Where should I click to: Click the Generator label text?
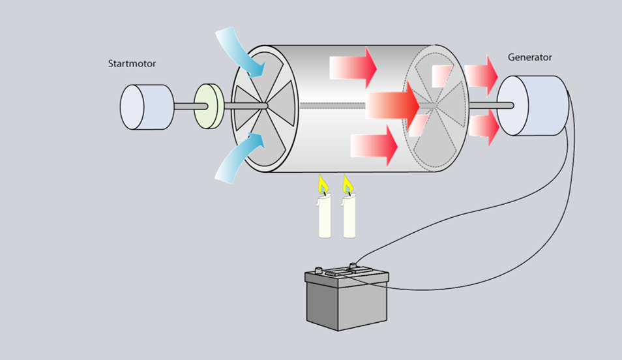(x=529, y=57)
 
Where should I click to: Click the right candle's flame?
(x=348, y=185)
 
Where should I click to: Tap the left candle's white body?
(x=324, y=217)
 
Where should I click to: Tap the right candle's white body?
(x=349, y=217)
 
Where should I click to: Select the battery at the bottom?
(x=346, y=299)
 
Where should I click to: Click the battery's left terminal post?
(x=319, y=270)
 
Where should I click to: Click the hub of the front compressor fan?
(x=266, y=106)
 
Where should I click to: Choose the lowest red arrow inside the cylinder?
(x=374, y=145)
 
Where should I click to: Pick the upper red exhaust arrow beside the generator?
(x=483, y=72)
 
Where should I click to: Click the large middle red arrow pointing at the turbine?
(x=392, y=104)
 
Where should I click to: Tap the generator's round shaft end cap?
(x=506, y=105)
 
